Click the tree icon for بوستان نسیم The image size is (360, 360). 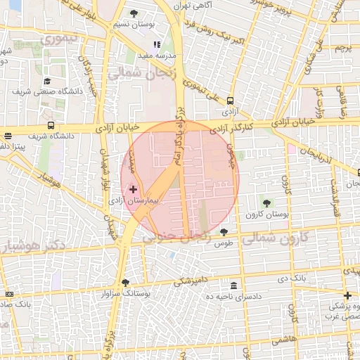pos(134,13)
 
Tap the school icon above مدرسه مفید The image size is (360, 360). pos(157,44)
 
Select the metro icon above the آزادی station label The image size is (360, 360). pos(230,101)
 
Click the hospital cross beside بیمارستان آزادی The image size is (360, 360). pos(134,189)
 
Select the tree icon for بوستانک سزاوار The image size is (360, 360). pos(126,283)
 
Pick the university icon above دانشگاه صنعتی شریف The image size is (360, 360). pos(47,80)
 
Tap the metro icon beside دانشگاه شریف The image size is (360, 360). pos(8,136)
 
